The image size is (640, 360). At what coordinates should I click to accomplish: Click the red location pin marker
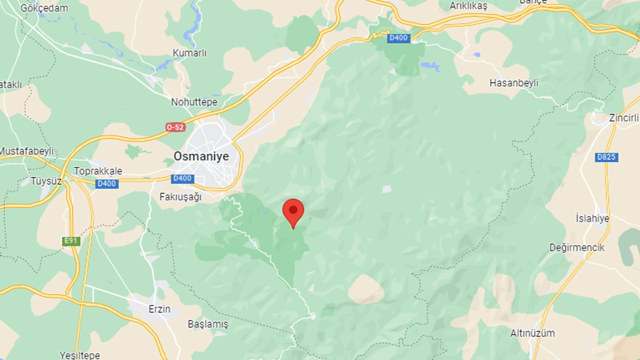tap(293, 212)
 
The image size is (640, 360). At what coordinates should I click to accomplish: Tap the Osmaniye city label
tap(201, 156)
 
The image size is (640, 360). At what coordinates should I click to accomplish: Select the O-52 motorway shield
tap(175, 127)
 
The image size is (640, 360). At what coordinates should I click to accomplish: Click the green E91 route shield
tap(71, 241)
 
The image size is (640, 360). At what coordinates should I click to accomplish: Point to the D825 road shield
tap(607, 157)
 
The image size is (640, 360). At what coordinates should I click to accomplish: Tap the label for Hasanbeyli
tap(514, 83)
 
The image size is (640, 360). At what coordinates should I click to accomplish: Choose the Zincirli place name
tap(623, 118)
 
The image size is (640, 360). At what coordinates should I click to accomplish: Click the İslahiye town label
tap(592, 218)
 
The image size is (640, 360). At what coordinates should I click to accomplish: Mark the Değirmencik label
tap(577, 247)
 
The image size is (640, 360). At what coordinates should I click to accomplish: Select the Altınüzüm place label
tap(532, 333)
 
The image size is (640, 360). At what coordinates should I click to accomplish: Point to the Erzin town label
tap(159, 309)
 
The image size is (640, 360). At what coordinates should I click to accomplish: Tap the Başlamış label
tap(207, 324)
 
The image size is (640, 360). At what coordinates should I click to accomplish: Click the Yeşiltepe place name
tap(79, 355)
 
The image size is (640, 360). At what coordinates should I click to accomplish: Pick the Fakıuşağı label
tap(181, 197)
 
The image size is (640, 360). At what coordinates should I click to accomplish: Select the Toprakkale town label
tap(98, 171)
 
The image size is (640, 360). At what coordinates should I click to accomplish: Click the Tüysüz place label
tap(46, 181)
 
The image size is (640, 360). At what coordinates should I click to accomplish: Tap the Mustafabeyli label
tap(27, 151)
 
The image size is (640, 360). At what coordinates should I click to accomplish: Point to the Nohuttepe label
tap(194, 102)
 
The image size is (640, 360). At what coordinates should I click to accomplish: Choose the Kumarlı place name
tap(189, 53)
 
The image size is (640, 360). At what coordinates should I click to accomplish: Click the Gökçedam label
tap(44, 8)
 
